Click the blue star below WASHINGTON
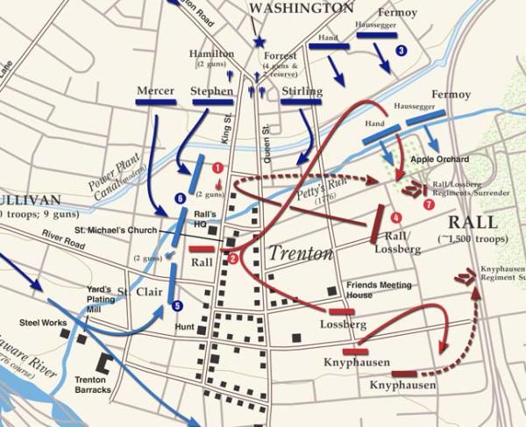tap(259, 41)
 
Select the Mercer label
tap(156, 90)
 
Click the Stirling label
tap(302, 90)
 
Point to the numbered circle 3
tap(402, 51)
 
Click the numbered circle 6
tap(180, 199)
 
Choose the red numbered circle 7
tap(429, 204)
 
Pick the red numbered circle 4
tap(396, 217)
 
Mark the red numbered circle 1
tap(217, 167)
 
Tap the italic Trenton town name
tap(301, 253)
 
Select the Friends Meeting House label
tap(377, 290)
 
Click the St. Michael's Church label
tap(115, 230)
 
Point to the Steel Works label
tap(43, 324)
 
